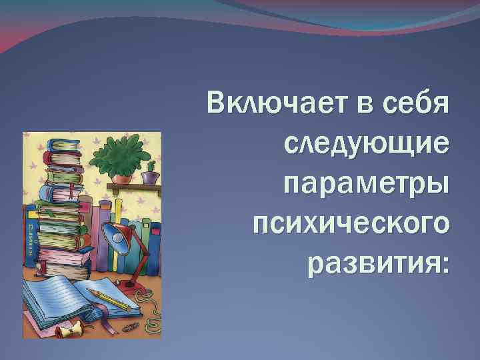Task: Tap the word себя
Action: click(418, 105)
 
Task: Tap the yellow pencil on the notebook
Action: click(110, 299)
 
